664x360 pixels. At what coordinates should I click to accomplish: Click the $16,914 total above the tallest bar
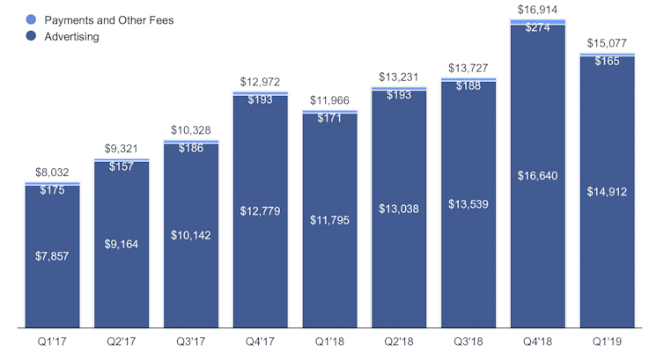point(537,10)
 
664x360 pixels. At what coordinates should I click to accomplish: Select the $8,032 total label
point(52,174)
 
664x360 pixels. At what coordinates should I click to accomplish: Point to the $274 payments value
point(537,27)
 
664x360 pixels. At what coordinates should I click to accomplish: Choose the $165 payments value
point(607,62)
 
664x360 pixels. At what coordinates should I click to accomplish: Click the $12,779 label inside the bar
point(260,210)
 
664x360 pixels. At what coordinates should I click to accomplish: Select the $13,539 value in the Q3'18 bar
point(468,204)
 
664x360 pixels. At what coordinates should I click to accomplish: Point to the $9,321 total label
point(122,150)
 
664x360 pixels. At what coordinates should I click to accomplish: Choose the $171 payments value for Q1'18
point(329,118)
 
